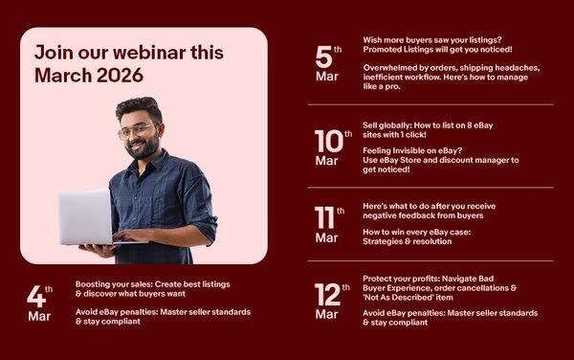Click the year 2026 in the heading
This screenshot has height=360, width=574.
120,75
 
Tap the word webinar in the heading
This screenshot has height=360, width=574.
150,52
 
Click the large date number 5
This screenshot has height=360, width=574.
324,57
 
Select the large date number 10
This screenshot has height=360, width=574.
329,142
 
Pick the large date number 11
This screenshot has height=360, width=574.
324,217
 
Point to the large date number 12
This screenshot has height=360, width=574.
327,295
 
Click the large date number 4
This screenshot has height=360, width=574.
36,296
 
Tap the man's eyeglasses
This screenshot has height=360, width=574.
137,131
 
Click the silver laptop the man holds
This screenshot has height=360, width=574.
88,216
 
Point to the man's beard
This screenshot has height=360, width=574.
144,147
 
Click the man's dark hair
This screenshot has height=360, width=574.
139,107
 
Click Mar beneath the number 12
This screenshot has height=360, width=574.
326,314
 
